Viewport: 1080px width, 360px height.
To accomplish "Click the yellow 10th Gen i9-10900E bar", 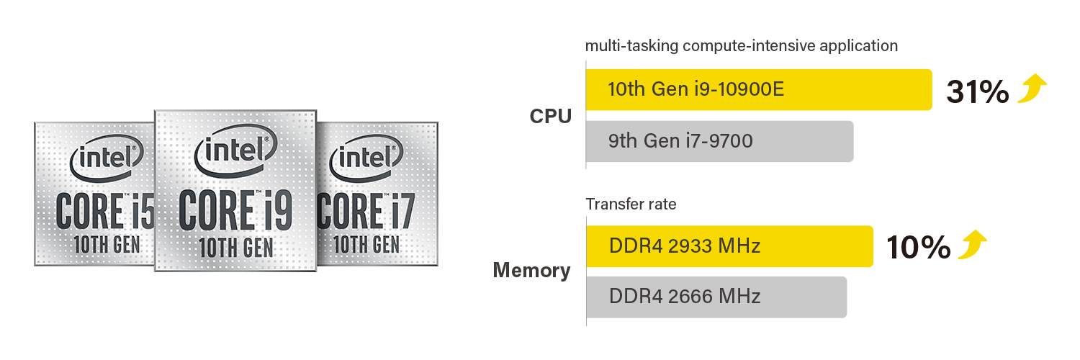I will click(758, 90).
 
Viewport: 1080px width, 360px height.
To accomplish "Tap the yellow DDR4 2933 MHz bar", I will click(729, 246).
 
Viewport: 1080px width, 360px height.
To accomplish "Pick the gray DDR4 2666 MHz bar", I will click(716, 297).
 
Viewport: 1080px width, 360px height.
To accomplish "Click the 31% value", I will click(977, 92).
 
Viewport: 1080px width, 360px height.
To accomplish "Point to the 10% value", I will click(918, 248).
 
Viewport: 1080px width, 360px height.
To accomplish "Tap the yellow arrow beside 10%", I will click(972, 245).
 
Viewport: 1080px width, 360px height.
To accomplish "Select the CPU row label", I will click(550, 116).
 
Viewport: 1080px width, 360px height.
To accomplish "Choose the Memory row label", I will click(531, 271).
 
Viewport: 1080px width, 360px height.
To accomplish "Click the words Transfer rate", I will click(631, 204).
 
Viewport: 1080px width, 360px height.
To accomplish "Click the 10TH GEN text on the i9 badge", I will click(236, 247).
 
